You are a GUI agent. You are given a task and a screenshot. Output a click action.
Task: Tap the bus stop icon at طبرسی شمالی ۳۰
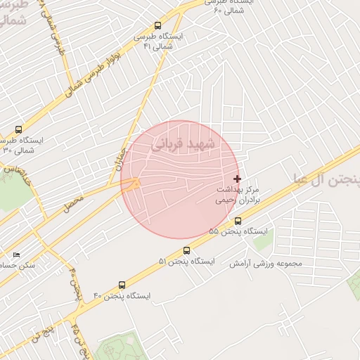point(18,129)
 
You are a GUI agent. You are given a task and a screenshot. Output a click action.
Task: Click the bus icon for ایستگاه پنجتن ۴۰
point(122,285)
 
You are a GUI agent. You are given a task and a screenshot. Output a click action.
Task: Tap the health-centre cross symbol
point(237,179)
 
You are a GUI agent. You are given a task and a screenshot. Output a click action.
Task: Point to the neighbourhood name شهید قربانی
point(186,143)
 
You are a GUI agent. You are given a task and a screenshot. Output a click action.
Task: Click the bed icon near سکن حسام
point(17,255)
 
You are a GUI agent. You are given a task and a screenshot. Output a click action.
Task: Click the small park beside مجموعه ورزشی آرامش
point(262,242)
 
